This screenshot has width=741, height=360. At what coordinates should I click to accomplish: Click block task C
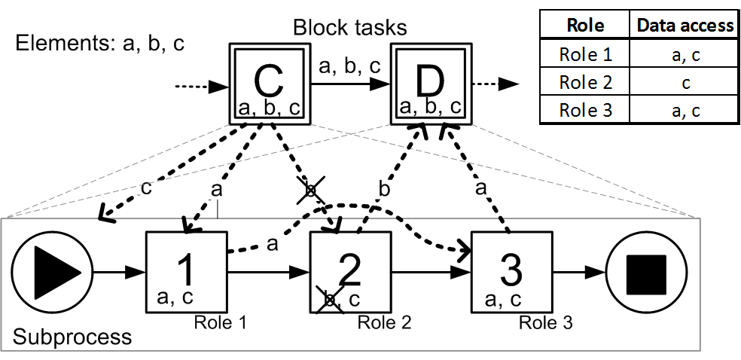click(269, 84)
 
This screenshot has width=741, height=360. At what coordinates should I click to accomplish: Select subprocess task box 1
click(185, 272)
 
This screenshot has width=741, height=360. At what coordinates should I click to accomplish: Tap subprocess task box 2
click(351, 272)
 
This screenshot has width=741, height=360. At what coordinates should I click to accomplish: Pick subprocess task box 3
click(511, 272)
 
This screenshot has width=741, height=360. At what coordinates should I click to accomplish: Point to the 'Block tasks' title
click(350, 29)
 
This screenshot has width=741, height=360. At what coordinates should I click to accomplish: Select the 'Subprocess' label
click(72, 336)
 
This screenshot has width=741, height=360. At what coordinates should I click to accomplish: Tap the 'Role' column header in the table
click(585, 25)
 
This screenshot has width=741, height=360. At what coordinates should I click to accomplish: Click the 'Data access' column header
click(685, 25)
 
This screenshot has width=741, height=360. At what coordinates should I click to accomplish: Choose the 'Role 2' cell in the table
click(585, 82)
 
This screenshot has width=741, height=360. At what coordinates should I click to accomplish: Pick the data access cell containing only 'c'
click(685, 82)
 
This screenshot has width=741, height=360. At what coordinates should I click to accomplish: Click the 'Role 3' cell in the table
click(585, 110)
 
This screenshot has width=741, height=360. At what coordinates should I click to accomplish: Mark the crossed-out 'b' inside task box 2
click(328, 300)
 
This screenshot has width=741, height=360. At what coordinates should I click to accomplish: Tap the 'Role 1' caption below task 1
click(221, 323)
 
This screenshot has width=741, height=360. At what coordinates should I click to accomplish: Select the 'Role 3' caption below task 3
click(545, 323)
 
